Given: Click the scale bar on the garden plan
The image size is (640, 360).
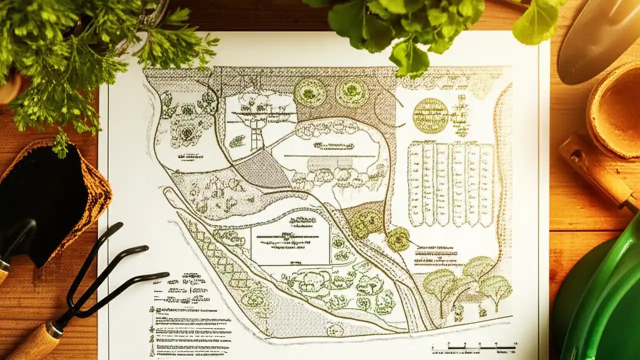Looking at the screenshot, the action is [474, 346].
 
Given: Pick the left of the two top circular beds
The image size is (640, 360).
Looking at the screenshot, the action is [310, 93].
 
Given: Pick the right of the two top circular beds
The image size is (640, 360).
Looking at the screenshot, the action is [352, 92].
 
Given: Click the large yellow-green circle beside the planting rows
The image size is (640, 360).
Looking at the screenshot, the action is [430, 115].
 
